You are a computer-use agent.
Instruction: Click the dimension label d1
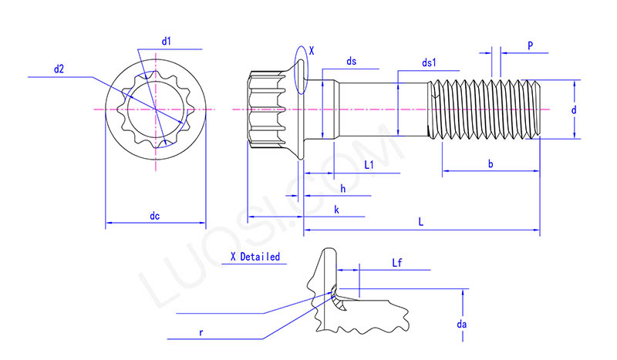coord(167,40)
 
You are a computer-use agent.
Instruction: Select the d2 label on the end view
coord(59,69)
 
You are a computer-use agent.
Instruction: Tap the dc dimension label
coord(155,216)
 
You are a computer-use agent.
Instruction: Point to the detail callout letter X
coord(311,50)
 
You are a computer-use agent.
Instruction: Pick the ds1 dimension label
coord(430,62)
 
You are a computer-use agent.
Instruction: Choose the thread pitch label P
coord(531,45)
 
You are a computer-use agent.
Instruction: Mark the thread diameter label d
coord(574,110)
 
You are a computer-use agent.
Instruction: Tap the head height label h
coord(342,188)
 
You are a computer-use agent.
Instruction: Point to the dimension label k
coord(336,210)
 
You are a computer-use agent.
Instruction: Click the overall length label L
coord(420,222)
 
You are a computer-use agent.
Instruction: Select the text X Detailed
coord(255,257)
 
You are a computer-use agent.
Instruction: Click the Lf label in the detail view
coord(398,263)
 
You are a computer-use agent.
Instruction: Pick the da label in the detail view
coord(461,325)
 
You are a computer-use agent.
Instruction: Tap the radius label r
coord(201,332)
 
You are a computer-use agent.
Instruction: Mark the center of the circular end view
coord(156,110)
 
